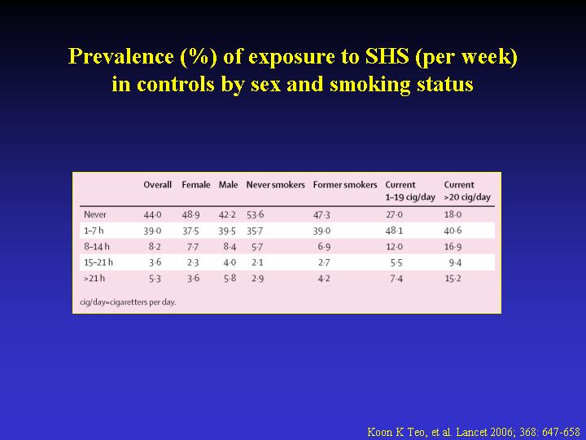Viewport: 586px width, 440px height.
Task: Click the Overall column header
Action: tap(157, 185)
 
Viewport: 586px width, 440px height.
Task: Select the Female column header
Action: tap(196, 185)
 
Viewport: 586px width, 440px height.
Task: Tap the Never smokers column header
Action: tap(275, 185)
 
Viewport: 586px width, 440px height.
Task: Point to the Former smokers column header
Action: tap(345, 185)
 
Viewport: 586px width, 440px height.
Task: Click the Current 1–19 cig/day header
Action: tap(410, 191)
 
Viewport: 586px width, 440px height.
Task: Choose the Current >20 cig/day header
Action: tap(467, 191)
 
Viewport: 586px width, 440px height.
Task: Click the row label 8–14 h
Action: tap(97, 247)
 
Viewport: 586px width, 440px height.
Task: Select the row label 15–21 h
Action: tap(98, 262)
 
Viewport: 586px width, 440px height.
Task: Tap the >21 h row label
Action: tap(94, 279)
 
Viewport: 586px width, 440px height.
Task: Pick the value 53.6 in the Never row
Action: tap(256, 215)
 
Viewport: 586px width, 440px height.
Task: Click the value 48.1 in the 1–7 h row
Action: tap(394, 231)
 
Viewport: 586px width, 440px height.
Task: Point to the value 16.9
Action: tap(453, 247)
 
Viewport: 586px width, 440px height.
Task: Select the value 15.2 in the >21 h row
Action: tap(453, 279)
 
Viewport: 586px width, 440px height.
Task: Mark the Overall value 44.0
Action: tap(152, 215)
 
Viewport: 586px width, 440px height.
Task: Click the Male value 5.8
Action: tap(230, 279)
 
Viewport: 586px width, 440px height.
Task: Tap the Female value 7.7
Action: tap(193, 247)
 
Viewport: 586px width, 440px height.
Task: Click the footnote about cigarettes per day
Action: tap(128, 302)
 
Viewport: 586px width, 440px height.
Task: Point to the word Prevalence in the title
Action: tap(120, 56)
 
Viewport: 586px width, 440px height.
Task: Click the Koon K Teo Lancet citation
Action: tap(474, 432)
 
